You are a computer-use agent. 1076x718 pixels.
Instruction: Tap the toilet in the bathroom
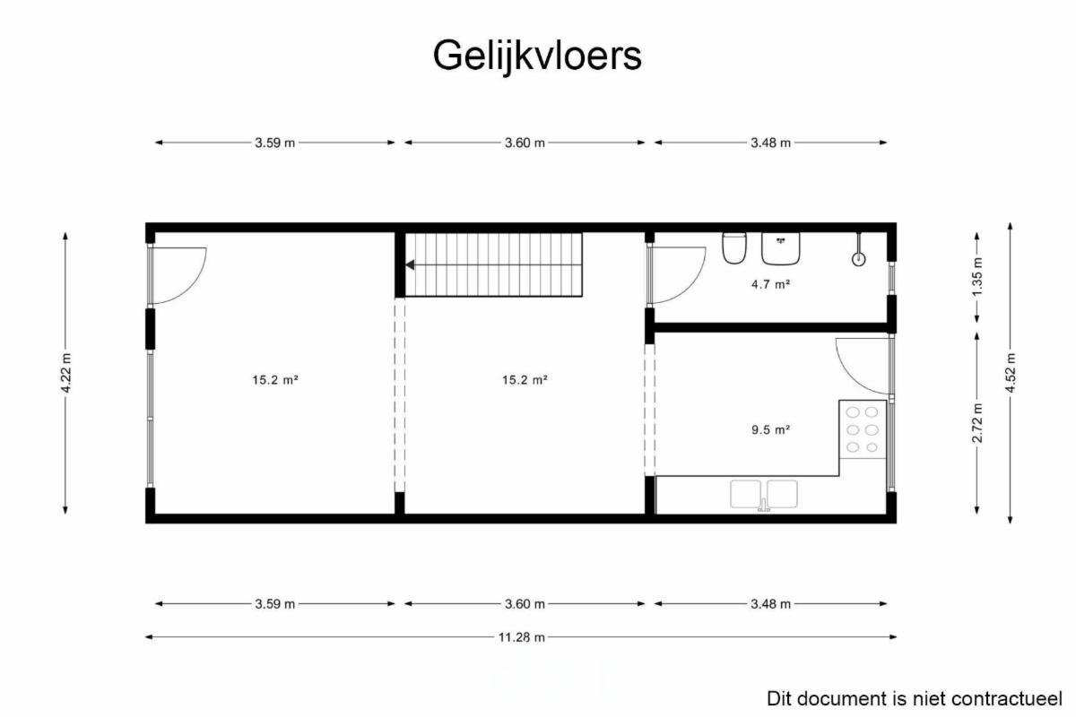click(734, 247)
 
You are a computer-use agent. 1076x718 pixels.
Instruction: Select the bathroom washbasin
click(781, 249)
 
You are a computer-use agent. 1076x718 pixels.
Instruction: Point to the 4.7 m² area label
click(770, 284)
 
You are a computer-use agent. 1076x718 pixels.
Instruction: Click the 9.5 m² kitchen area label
click(770, 429)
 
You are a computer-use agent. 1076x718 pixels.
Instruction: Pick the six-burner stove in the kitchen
click(863, 429)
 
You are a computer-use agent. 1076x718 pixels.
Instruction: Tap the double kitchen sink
click(764, 494)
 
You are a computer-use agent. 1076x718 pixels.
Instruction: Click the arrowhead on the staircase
click(410, 264)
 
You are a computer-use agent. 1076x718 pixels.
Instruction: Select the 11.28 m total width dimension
click(521, 637)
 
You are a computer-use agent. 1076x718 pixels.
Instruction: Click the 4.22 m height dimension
click(66, 373)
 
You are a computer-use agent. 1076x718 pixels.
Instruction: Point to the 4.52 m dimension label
click(1011, 373)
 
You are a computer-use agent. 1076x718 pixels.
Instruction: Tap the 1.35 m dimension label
click(977, 277)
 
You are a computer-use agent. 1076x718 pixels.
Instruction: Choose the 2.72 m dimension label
click(977, 422)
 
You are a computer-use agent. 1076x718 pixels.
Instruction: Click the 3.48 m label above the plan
click(770, 143)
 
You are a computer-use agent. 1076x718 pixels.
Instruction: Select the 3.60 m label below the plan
click(525, 603)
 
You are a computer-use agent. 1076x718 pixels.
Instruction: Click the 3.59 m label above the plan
click(274, 143)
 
